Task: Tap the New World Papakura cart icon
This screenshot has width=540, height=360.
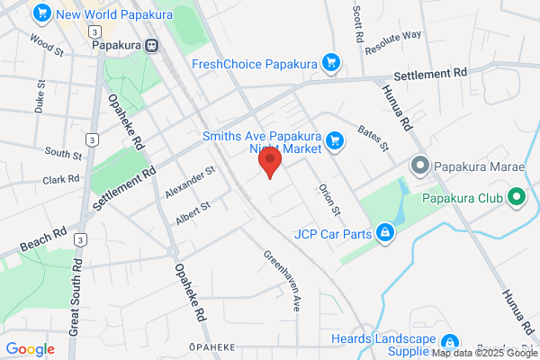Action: click(40, 13)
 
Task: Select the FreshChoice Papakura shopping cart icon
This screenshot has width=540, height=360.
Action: click(332, 63)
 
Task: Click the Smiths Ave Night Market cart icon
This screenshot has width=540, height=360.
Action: click(335, 139)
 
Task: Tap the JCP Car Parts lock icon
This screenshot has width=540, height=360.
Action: click(385, 234)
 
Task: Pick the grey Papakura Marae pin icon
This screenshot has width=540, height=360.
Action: click(418, 166)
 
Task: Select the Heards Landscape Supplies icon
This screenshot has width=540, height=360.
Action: click(450, 342)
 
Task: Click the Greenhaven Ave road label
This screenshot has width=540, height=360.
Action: click(282, 280)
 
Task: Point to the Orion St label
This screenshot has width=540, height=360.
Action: click(328, 201)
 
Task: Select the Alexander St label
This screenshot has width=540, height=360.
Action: click(190, 183)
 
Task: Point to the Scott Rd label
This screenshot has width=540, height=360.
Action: click(357, 27)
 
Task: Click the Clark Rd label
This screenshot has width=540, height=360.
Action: click(61, 180)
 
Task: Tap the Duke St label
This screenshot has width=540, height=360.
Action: click(40, 102)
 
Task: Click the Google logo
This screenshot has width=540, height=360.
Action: click(30, 348)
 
